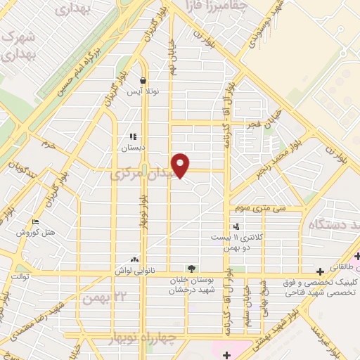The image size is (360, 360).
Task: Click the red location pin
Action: [181, 166]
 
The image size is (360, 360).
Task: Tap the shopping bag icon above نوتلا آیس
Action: [143, 80]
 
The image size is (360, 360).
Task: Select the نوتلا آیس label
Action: [143, 92]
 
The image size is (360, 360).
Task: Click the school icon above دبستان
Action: [132, 137]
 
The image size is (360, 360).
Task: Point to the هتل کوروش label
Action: [36, 232]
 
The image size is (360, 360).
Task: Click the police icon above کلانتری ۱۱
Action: [236, 226]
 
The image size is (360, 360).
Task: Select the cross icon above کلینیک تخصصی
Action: [320, 271]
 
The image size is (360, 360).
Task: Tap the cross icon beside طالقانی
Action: [358, 255]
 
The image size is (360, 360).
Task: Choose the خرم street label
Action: [49, 143]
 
